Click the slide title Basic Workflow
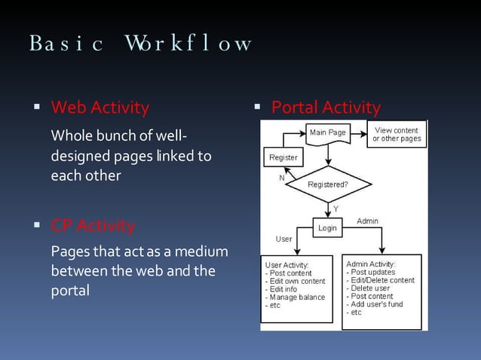pos(140,43)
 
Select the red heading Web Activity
pos(100,108)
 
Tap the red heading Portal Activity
pos(326,108)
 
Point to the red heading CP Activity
pos(93,225)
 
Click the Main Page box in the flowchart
pos(328,133)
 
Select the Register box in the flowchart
pos(283,157)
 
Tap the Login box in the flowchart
pos(327,227)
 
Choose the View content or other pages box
pos(397,135)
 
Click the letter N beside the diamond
pos(282,178)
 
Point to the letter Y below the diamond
pos(335,208)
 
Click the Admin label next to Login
pos(367,221)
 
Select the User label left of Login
pos(283,239)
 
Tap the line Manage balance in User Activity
pos(297,297)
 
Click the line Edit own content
pos(297,281)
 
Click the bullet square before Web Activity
pos(36,108)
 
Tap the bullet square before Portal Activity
pos(257,108)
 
